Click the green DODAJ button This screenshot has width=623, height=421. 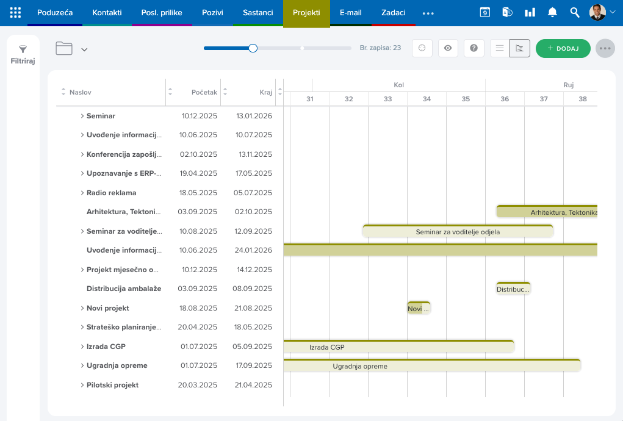pyautogui.click(x=563, y=48)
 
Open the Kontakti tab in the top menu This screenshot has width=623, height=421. pyautogui.click(x=107, y=13)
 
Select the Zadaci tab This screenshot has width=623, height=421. pyautogui.click(x=394, y=13)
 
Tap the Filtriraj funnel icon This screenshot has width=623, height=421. pyautogui.click(x=23, y=49)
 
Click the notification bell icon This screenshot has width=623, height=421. pyautogui.click(x=552, y=13)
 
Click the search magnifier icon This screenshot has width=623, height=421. pyautogui.click(x=575, y=13)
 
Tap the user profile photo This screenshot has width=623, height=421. pyautogui.click(x=597, y=12)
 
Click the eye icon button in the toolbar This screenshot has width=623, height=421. pyautogui.click(x=448, y=48)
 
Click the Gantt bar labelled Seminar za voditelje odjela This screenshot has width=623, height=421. pyautogui.click(x=458, y=231)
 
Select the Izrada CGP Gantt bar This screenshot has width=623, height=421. pyautogui.click(x=399, y=347)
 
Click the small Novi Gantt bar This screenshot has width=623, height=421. pyautogui.click(x=419, y=308)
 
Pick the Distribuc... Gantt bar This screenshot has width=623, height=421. pyautogui.click(x=513, y=289)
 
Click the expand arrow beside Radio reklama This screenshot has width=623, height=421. pyautogui.click(x=82, y=193)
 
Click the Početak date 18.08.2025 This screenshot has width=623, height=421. pyautogui.click(x=198, y=308)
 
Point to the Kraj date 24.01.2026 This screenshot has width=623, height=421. pyautogui.click(x=253, y=250)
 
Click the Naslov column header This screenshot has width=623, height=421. pyautogui.click(x=81, y=92)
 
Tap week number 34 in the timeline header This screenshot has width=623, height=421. pyautogui.click(x=427, y=99)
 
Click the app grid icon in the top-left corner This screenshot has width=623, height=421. pyautogui.click(x=15, y=13)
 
